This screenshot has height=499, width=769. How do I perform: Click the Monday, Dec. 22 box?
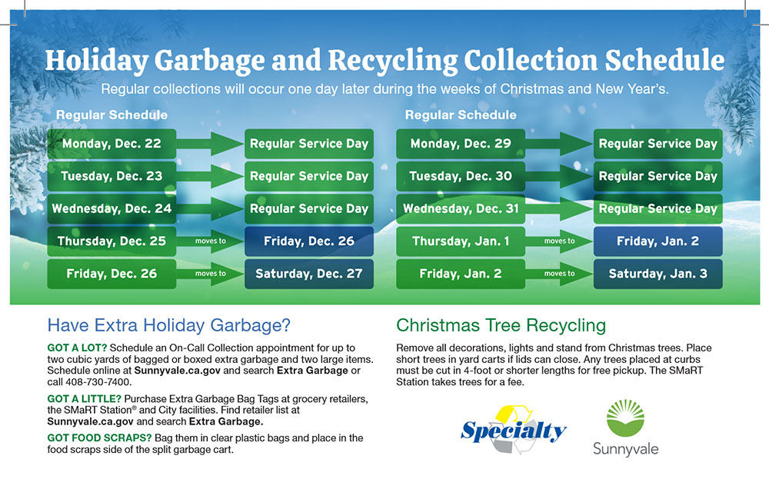[112, 144]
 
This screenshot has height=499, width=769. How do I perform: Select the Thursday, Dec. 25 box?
[112, 241]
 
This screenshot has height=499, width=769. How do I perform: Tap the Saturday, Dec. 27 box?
[309, 274]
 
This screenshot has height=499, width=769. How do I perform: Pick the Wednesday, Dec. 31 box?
[461, 209]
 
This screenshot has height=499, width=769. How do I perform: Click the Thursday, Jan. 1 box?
[461, 241]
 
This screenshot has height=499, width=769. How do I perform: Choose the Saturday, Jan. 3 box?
[657, 274]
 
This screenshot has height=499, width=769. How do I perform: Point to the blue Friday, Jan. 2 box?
[657, 241]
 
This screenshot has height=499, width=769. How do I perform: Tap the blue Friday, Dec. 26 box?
[309, 241]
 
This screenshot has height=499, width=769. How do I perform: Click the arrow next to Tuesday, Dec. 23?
[210, 176]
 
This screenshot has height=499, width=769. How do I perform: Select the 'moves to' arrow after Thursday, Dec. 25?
[210, 241]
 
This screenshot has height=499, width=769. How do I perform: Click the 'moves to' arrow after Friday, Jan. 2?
[559, 274]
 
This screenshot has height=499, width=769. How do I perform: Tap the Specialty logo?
[514, 430]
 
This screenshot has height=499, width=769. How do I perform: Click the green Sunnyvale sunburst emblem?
[625, 418]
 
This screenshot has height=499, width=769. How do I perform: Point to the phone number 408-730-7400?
[98, 382]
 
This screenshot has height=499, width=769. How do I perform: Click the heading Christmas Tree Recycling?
[501, 325]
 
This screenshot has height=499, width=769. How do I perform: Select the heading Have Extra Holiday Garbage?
[168, 325]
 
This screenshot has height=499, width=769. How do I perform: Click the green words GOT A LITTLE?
[84, 399]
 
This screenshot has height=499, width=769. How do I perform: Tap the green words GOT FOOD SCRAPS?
[99, 437]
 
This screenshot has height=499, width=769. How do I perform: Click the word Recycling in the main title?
[392, 60]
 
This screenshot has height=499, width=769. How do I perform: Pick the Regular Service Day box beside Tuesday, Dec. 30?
[657, 176]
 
